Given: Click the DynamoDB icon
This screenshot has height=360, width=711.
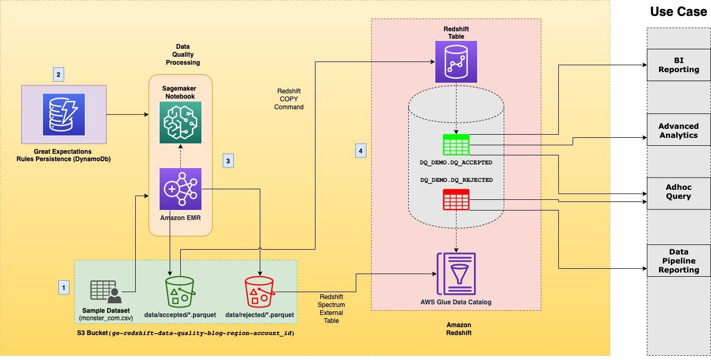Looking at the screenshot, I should (64, 114).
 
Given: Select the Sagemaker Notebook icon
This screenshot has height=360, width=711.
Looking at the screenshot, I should (180, 122).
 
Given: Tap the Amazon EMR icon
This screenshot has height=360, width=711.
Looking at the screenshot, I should (180, 189).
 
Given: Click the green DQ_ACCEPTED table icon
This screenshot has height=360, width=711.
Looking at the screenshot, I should (456, 145).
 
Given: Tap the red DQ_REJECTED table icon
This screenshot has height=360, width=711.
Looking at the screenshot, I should (456, 200).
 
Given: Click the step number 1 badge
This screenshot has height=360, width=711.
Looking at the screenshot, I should (64, 288).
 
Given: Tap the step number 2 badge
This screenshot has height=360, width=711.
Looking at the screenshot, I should (58, 75).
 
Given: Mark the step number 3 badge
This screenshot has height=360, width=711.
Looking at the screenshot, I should (227, 160).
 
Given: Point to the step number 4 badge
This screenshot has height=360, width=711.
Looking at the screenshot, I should (361, 151).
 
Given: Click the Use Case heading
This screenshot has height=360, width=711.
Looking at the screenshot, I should (679, 12).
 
